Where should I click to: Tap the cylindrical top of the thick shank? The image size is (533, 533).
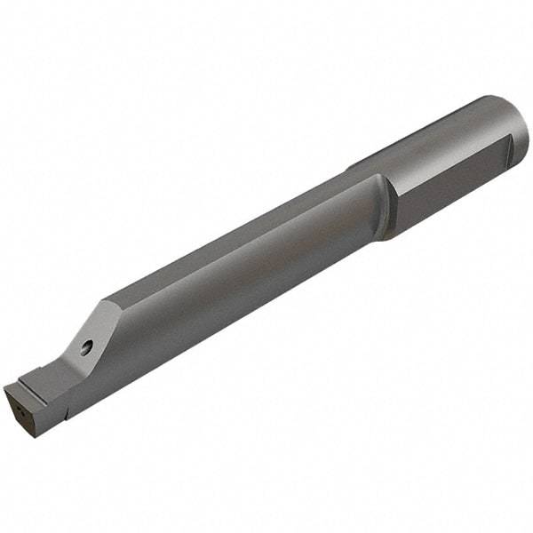(435, 133)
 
